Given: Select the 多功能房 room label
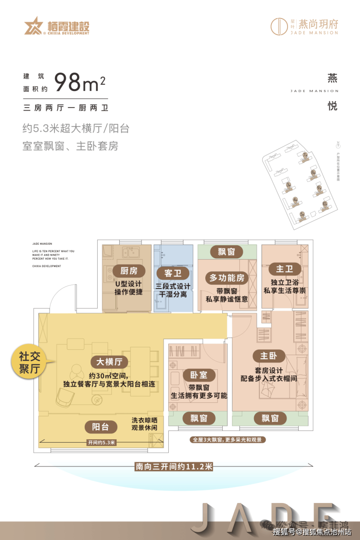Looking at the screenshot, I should tap(227, 278).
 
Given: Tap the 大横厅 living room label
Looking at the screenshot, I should tap(109, 362).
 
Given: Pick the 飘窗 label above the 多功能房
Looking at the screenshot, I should tap(227, 252).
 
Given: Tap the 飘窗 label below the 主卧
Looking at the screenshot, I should tap(270, 418).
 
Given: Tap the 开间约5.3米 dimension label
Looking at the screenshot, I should tap(101, 442).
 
